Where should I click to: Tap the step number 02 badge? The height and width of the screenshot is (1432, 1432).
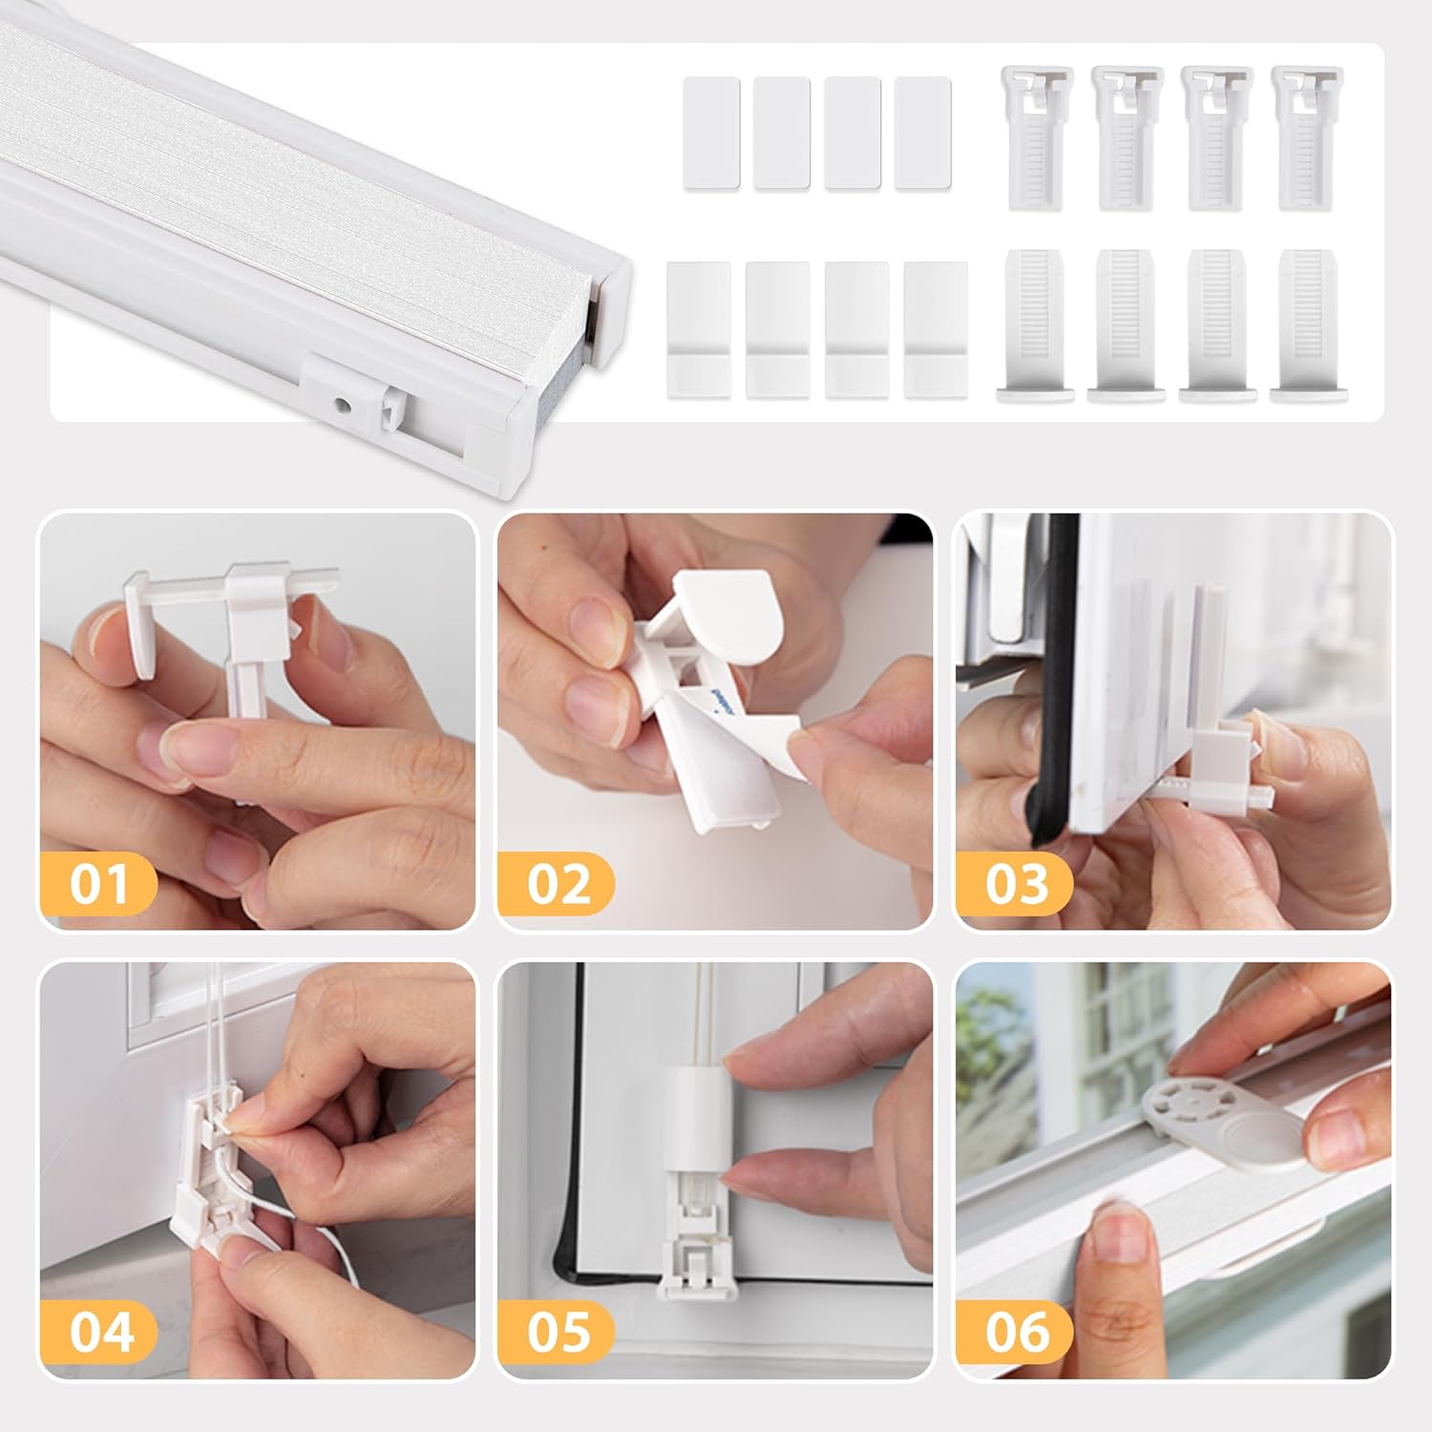tap(558, 883)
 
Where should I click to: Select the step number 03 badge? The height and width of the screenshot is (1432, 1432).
tap(1016, 883)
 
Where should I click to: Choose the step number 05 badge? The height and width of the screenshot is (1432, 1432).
tap(558, 1332)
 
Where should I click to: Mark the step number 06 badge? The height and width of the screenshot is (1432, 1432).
tap(1016, 1332)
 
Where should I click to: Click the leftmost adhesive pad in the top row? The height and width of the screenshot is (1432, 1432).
tap(711, 133)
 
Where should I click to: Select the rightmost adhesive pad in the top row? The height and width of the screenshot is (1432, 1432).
tap(923, 133)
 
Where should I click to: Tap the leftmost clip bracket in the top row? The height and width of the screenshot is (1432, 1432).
tap(1037, 137)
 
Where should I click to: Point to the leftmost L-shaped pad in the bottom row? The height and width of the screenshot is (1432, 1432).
tap(699, 330)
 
